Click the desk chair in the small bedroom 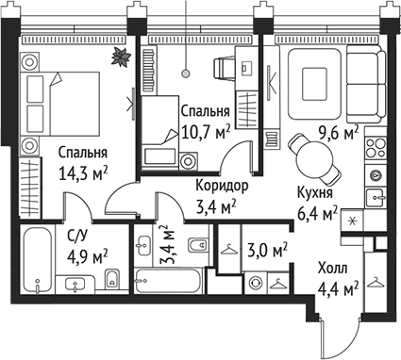coord(226,68)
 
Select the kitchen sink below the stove coord(376,197)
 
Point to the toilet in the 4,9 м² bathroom coord(111,278)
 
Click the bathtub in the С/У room coord(39,254)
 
